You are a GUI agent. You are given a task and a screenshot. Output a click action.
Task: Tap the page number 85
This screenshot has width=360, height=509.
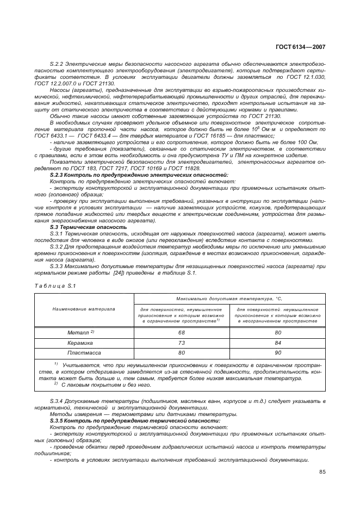tap(322, 471)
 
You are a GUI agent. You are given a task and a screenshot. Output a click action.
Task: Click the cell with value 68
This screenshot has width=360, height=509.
tap(182, 332)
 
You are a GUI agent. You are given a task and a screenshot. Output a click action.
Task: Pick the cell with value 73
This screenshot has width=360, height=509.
tap(182, 343)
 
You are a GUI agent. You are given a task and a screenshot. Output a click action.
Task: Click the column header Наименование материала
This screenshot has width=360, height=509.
tap(83, 309)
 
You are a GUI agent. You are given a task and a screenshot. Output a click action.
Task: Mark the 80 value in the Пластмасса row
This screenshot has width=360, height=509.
tap(182, 353)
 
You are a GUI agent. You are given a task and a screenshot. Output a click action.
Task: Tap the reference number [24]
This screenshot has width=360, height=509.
tap(119, 272)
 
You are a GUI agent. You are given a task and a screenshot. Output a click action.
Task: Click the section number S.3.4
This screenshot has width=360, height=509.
tap(57, 401)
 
